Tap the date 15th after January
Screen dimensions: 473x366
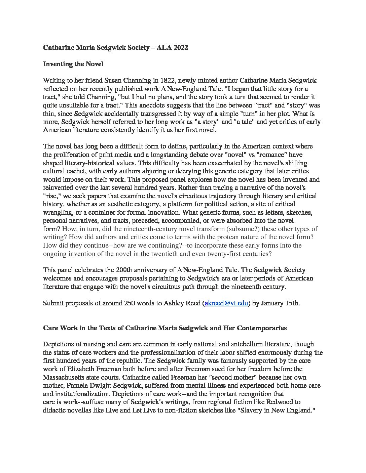pos(292,303)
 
